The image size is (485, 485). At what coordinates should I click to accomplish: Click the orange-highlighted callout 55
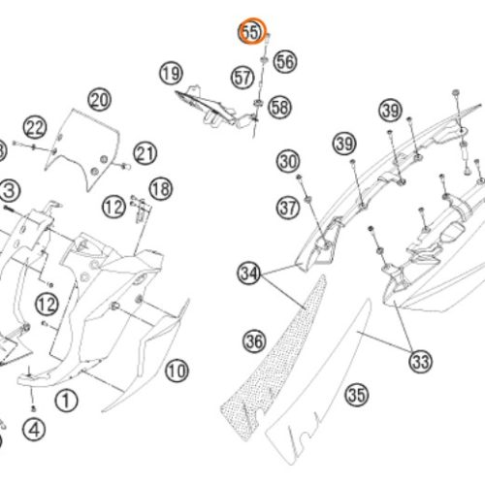point(251,32)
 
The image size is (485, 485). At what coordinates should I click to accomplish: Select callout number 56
point(285,61)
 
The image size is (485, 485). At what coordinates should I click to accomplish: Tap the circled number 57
point(242,78)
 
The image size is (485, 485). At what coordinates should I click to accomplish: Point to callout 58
point(280,107)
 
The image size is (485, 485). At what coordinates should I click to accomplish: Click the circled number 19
point(171,73)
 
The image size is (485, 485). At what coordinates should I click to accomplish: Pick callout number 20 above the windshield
point(100,100)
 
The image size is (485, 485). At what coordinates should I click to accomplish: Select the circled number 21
point(145,153)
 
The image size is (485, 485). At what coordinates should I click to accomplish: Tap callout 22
point(35,127)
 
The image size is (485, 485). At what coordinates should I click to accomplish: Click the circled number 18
point(161,189)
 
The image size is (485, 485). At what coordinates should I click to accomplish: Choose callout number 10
point(177,371)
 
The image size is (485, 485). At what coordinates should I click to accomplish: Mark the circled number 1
point(66,401)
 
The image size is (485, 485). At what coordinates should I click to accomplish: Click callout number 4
point(34,430)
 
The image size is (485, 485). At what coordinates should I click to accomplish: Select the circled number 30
point(288,161)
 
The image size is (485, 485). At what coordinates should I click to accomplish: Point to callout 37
point(288,208)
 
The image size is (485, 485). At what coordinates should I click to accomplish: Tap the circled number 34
point(249,274)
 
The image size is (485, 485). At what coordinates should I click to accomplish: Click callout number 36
point(254,341)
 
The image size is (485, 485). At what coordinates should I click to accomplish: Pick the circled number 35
point(357,395)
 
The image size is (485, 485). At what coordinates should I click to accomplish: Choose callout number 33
point(421,361)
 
